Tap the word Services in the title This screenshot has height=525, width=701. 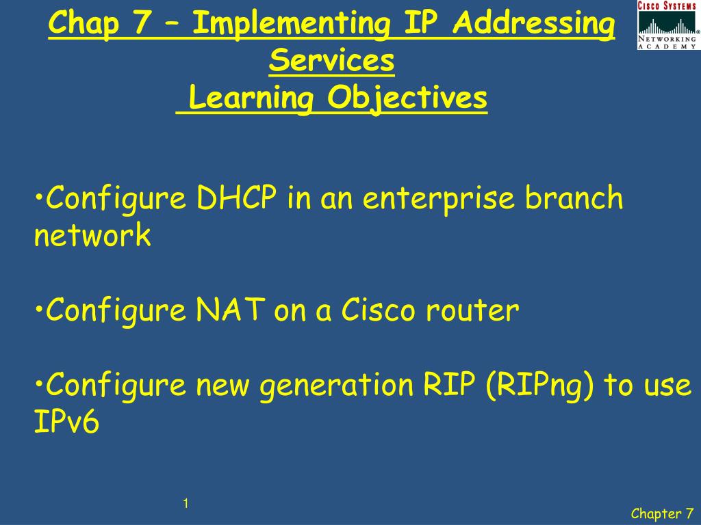pyautogui.click(x=332, y=61)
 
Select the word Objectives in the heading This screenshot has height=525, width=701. pyautogui.click(x=407, y=98)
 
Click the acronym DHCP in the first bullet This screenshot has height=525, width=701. pyautogui.click(x=237, y=199)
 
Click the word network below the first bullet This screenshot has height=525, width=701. pyautogui.click(x=92, y=236)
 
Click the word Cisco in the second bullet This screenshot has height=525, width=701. pyautogui.click(x=379, y=311)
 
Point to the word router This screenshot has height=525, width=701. pyautogui.click(x=472, y=311)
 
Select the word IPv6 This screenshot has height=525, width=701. pyautogui.click(x=66, y=423)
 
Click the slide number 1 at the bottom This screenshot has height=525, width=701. pyautogui.click(x=186, y=504)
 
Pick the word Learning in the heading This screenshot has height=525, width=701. pyautogui.click(x=251, y=98)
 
